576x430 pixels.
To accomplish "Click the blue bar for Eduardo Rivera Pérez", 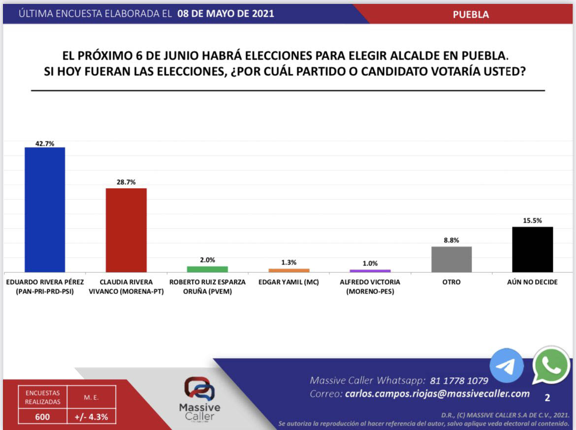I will tap(45, 209).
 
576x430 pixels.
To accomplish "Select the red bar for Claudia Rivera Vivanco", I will tap(126, 230).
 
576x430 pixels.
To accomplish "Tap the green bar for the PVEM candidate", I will tap(207, 269).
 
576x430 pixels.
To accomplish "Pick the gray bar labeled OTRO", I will tap(451, 259).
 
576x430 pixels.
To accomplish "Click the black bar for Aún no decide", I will tap(533, 249).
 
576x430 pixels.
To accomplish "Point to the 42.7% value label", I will tap(44, 143).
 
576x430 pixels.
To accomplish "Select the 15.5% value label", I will tap(533, 221).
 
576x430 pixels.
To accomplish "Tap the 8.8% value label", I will tap(451, 240).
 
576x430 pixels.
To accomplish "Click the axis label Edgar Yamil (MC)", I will tap(288, 282).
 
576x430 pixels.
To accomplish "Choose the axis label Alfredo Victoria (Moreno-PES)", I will tap(370, 287).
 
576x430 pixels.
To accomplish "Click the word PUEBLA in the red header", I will tap(471, 14).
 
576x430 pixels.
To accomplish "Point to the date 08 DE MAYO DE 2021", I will tap(226, 14).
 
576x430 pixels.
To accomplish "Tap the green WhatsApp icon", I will tap(551, 365).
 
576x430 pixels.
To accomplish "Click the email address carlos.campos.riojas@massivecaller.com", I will tap(437, 394).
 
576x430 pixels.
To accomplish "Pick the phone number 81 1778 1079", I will tap(459, 381).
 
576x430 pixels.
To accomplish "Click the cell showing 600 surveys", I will tap(42, 417).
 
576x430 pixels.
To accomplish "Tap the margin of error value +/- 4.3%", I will tap(92, 417).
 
